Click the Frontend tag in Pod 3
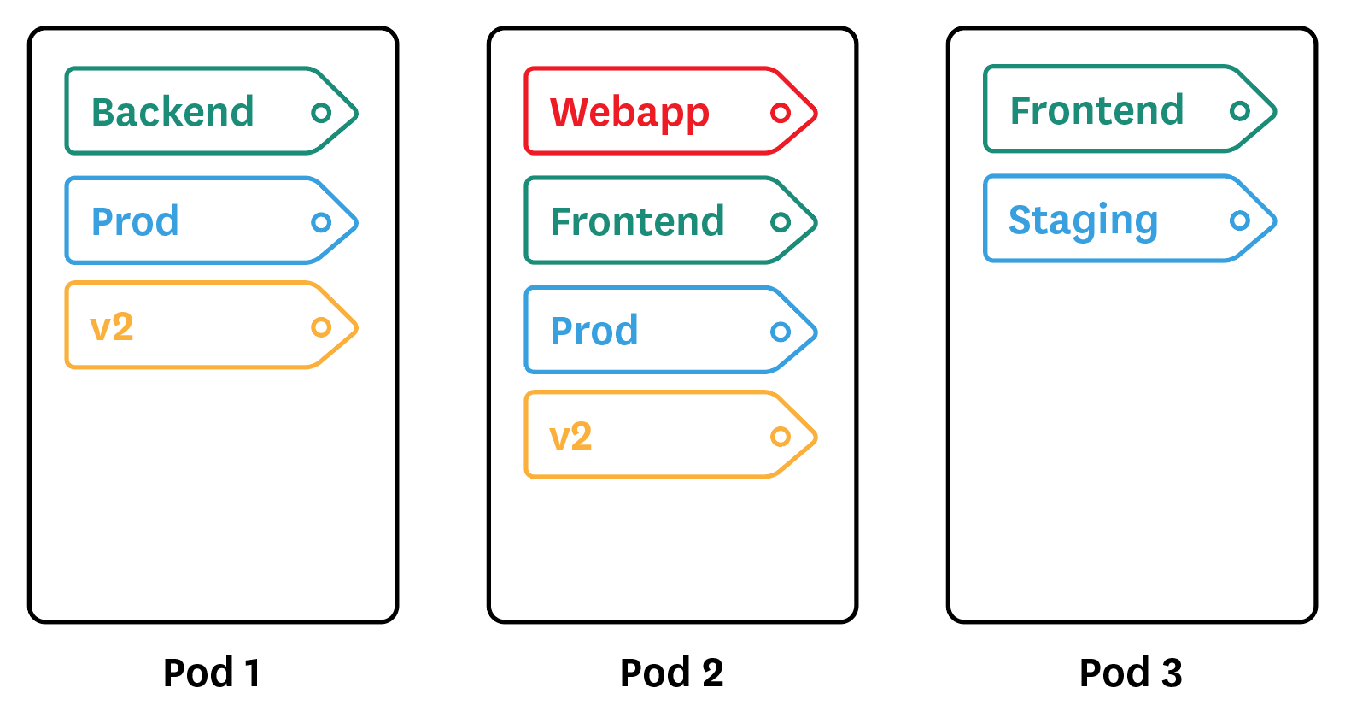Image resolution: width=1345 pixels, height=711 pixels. (x=1129, y=110)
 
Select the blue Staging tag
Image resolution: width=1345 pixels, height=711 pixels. (x=1129, y=220)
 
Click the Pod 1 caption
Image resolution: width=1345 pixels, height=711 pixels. (x=212, y=673)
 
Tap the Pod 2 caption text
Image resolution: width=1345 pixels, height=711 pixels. (x=671, y=673)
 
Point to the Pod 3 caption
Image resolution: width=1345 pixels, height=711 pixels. (x=1131, y=673)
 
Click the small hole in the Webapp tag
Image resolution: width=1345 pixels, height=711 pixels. (x=781, y=113)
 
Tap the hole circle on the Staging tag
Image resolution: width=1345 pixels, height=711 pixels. (x=1239, y=220)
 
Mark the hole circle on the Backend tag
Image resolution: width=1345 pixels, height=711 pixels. (x=321, y=113)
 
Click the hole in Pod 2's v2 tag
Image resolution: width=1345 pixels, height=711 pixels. (x=781, y=437)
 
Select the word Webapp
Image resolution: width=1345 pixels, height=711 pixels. (x=629, y=112)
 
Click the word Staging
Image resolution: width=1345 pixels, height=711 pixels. (x=1083, y=220)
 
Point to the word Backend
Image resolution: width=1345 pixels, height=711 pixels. (x=173, y=112)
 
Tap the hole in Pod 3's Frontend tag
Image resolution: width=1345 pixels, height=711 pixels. (x=1239, y=110)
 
